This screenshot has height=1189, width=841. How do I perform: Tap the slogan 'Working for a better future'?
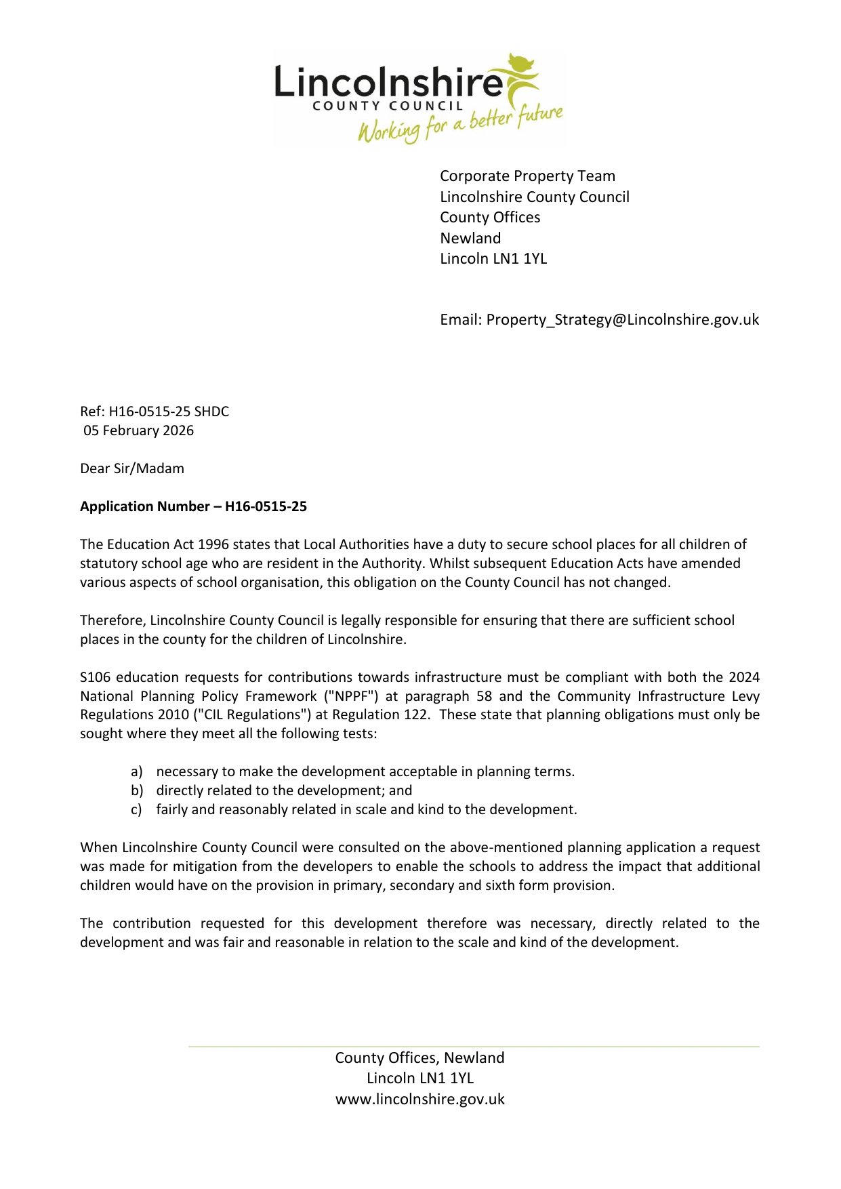point(460,123)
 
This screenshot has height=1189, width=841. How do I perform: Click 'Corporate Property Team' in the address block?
point(527,176)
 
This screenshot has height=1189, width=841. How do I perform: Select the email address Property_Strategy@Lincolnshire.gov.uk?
point(622,320)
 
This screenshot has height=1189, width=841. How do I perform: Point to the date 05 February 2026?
point(139,431)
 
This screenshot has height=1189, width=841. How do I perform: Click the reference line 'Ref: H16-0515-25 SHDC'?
point(155,411)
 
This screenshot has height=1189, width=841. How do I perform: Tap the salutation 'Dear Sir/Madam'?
point(132,469)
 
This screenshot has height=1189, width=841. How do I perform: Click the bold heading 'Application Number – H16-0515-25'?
point(193,507)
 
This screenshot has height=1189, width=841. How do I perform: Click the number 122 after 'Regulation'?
point(417,715)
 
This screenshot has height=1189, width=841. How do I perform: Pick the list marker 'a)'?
point(137,772)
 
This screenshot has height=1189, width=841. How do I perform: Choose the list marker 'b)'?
point(137,791)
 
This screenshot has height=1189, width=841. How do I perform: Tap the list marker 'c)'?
point(137,810)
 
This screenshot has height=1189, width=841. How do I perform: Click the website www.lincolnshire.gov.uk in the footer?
point(419,1100)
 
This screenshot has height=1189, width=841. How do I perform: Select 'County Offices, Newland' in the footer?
point(419,1058)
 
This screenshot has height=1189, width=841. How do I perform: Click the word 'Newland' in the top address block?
point(470,239)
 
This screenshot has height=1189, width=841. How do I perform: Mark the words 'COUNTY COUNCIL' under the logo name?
point(387,106)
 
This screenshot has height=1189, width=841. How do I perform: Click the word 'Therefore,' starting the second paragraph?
point(112,620)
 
